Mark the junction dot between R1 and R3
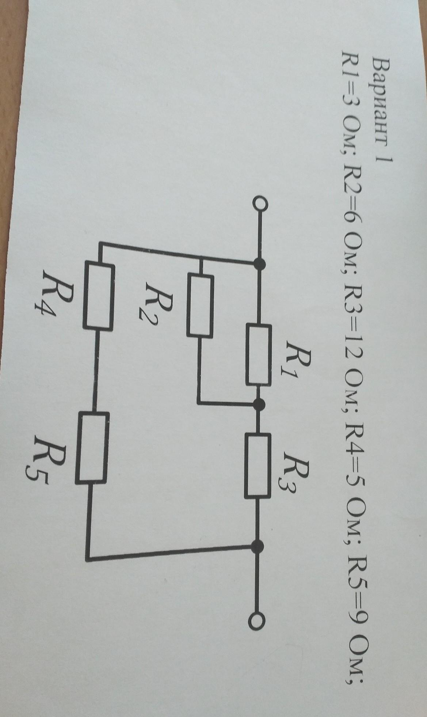pyautogui.click(x=259, y=403)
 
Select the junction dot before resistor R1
pyautogui.click(x=260, y=263)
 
